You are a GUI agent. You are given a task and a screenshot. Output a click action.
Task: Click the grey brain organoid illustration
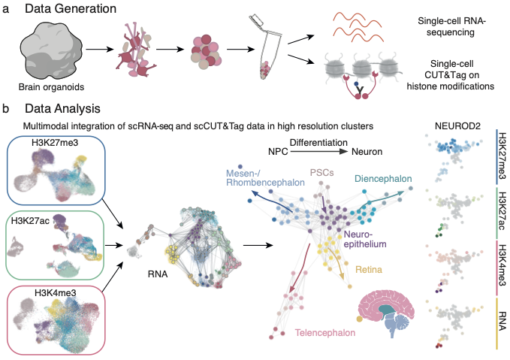coord(51,51)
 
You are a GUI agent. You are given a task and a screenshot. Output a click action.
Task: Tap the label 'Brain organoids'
coord(51,87)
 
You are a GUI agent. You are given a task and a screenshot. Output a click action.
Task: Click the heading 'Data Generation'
coord(71,8)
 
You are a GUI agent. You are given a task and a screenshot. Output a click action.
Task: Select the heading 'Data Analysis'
coord(62,109)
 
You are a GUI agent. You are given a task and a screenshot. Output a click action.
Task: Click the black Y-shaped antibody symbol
coord(360,89)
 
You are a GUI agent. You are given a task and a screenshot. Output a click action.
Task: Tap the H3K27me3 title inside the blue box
coord(55,143)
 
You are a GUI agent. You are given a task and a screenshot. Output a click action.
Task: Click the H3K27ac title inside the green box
coord(30,221)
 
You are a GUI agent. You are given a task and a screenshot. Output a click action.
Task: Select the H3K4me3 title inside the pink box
coord(56,293)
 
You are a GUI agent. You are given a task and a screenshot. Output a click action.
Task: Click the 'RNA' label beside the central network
coord(158,274)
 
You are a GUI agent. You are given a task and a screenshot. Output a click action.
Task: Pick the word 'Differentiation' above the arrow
coord(318,143)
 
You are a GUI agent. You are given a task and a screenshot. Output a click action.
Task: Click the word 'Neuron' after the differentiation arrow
coord(367,152)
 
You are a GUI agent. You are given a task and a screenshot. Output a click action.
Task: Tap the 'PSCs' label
coord(321,172)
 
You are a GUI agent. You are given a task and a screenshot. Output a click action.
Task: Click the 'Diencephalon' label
coord(383,179)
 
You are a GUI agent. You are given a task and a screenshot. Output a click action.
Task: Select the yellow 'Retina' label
coord(369,270)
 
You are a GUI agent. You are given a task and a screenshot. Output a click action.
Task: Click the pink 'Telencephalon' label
coord(325,333)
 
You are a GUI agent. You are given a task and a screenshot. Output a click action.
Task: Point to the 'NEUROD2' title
coord(457,126)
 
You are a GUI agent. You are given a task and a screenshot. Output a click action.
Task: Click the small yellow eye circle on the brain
coord(360,319)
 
